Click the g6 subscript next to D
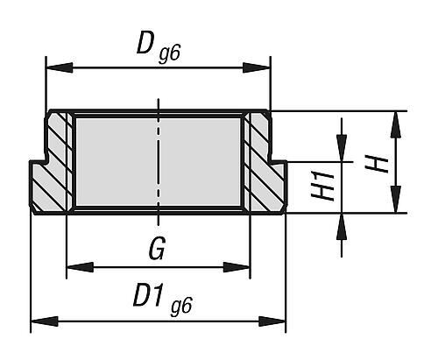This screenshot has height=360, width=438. [169, 54]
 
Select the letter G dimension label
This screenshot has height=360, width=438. [158, 248]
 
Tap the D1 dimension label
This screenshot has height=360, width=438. [148, 297]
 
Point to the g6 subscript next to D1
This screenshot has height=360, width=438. [181, 306]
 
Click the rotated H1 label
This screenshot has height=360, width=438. [322, 186]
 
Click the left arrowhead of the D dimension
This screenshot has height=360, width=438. [60, 67]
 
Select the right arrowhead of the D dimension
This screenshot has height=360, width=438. [258, 67]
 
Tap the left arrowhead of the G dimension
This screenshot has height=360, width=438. [80, 267]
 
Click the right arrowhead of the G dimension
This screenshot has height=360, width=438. [237, 267]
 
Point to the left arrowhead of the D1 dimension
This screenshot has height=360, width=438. [45, 321]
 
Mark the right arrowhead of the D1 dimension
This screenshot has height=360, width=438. [272, 321]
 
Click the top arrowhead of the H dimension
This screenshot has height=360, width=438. [396, 124]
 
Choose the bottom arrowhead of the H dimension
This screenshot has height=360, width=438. [396, 200]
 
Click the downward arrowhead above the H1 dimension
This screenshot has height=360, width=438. [342, 148]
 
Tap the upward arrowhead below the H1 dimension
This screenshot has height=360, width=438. [342, 227]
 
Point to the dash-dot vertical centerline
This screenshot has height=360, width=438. [159, 162]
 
